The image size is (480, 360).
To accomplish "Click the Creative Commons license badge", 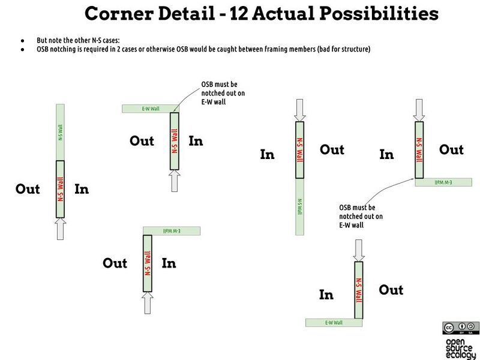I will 460,328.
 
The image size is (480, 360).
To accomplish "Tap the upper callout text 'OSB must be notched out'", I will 223,94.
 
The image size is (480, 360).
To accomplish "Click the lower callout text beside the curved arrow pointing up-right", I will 361,216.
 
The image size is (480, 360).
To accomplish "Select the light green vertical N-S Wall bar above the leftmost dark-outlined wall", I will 59,132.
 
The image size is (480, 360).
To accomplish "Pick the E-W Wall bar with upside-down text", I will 171,230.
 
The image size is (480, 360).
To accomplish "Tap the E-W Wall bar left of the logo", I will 334,323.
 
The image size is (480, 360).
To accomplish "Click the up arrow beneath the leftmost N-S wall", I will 59,229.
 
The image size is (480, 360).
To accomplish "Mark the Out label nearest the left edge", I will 28,189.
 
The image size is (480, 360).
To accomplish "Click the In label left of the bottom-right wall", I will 326,295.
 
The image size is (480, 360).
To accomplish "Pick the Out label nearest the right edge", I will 451,149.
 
